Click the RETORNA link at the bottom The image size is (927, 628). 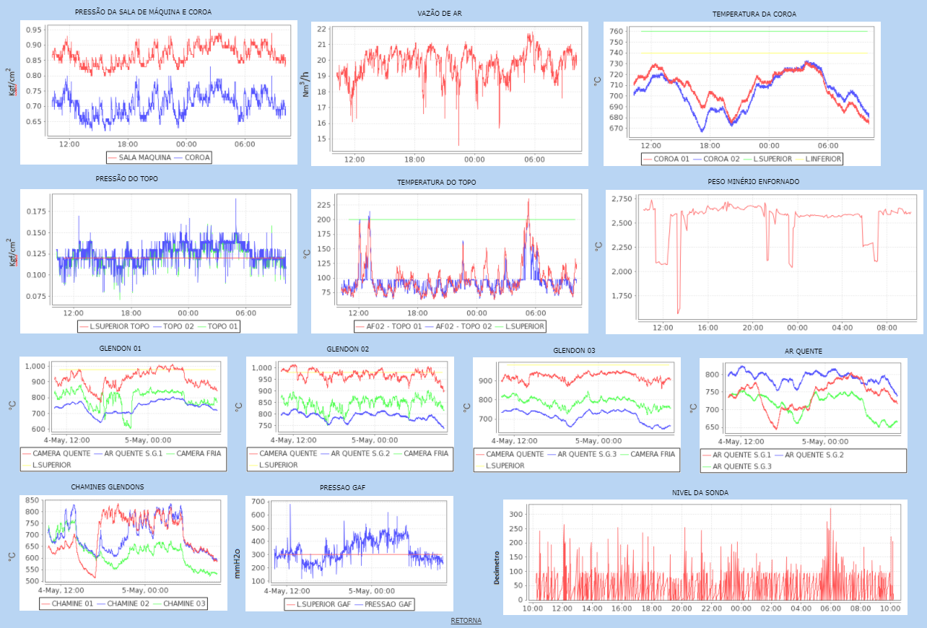[x=466, y=621]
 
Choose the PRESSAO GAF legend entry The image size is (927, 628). [x=389, y=604]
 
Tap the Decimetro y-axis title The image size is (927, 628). [x=496, y=557]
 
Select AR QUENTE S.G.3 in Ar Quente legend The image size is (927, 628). [x=744, y=466]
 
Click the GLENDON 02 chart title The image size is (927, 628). [x=348, y=349]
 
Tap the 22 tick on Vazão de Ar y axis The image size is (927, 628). [x=321, y=29]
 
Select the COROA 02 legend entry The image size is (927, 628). [x=722, y=159]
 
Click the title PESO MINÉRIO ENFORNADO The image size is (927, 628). [x=763, y=182]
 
